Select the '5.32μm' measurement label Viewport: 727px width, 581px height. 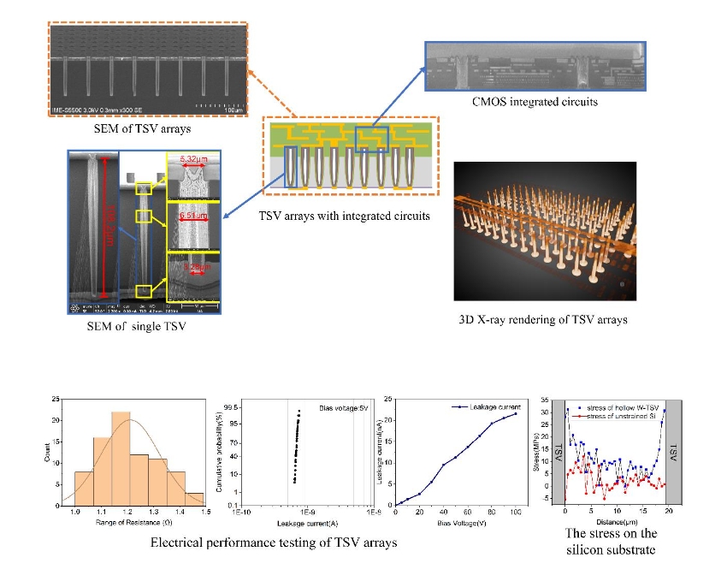pyautogui.click(x=190, y=159)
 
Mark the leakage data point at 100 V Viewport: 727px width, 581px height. pyautogui.click(x=515, y=414)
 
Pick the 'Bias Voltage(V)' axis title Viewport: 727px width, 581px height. pyautogui.click(x=457, y=521)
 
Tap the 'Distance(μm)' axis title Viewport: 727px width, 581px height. pyautogui.click(x=614, y=520)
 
